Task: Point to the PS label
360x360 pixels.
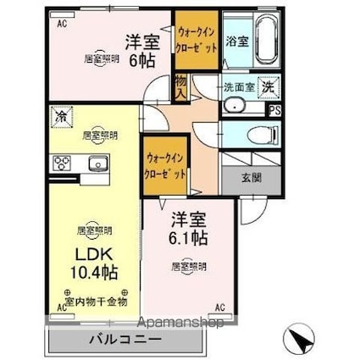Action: (x=274, y=109)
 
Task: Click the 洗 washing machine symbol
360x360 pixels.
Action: (x=268, y=86)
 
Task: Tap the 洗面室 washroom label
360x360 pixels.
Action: (x=238, y=87)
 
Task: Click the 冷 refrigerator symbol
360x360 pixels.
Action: (x=62, y=117)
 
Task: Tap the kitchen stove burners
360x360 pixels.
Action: (x=62, y=163)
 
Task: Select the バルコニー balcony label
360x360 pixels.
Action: (x=127, y=341)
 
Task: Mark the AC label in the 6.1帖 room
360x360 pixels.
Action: (x=219, y=307)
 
